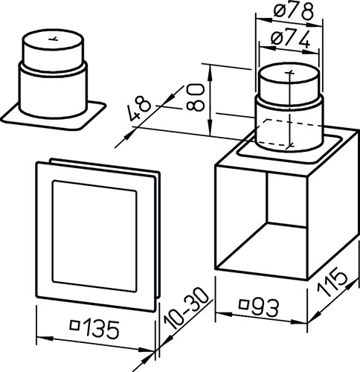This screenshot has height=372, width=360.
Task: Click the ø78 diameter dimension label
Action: click(x=293, y=11)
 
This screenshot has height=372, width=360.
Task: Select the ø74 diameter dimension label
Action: click(x=291, y=39)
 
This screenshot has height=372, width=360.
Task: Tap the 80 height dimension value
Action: click(x=196, y=97)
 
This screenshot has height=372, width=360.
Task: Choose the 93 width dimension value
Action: click(x=265, y=307)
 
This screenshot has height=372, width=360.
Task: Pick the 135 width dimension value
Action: click(x=101, y=329)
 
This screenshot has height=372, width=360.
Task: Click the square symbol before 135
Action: click(x=74, y=325)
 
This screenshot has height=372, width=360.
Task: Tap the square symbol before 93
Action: click(x=244, y=304)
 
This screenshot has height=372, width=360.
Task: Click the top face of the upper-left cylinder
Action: click(x=53, y=40)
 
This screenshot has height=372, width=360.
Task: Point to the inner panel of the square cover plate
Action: click(x=94, y=236)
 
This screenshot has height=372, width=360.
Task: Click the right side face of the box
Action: click(x=333, y=206)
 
